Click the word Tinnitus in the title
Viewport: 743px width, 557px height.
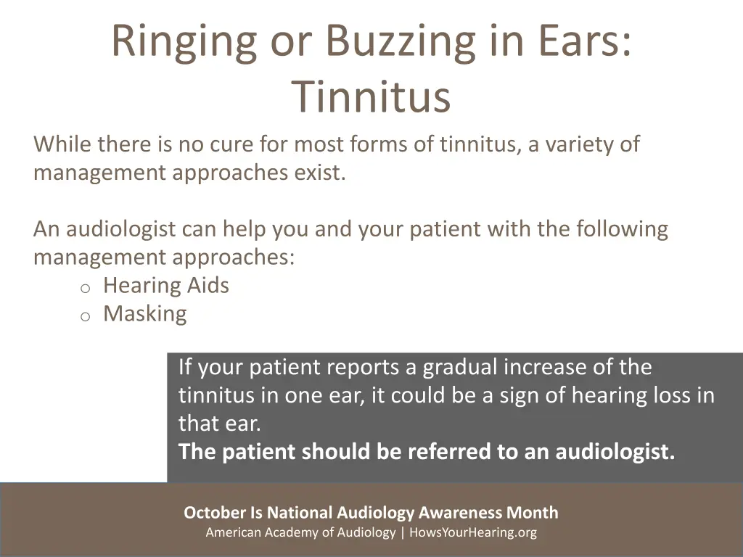(x=371, y=97)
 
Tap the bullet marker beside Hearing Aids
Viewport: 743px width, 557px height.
(x=85, y=288)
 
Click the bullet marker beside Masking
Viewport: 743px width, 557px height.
(x=85, y=316)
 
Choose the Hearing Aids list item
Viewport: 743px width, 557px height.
(x=166, y=286)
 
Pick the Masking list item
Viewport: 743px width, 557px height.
(x=144, y=314)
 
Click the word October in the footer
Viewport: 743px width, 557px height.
(x=215, y=513)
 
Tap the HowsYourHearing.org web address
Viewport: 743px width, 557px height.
(x=473, y=532)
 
